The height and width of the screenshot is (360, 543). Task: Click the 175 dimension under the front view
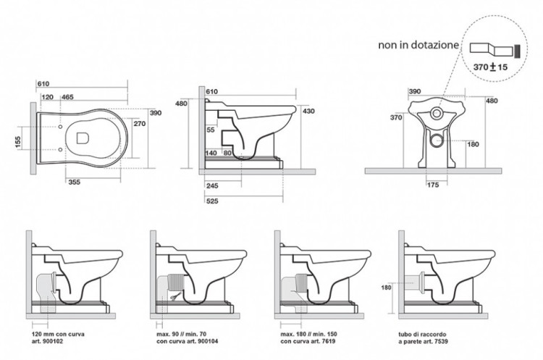432,185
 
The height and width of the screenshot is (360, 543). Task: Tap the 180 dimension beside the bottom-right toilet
387,287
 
